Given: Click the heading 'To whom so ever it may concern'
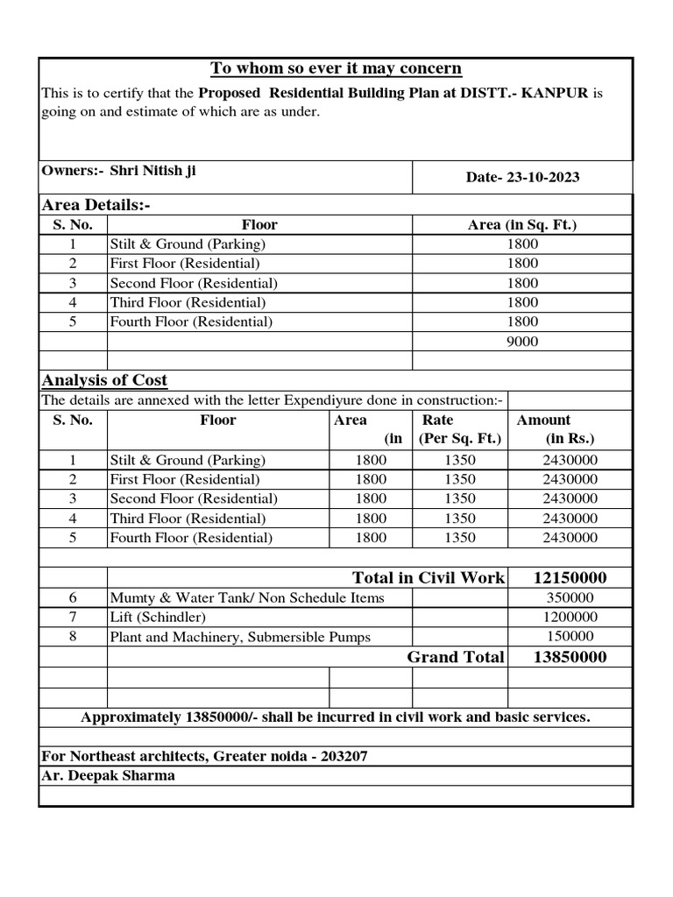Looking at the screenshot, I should tap(336, 69).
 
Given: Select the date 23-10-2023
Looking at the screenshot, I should tap(541, 177).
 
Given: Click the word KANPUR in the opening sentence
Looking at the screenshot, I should tap(556, 93).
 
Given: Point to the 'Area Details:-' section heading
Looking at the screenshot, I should tap(96, 205).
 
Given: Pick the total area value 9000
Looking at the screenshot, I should tap(522, 342).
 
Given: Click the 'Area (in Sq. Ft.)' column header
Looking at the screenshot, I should tap(522, 225).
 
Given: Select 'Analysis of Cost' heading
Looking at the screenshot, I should tap(104, 380).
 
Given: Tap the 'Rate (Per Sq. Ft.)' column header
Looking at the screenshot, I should tap(460, 429).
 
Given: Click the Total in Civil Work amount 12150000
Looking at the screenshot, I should tap(570, 578).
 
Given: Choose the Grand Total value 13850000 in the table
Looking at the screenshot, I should tap(570, 657).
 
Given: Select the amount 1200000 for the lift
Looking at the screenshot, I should tap(570, 618).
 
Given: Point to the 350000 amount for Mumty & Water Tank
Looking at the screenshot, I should tap(570, 598).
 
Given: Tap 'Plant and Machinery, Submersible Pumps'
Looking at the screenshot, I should tap(240, 638).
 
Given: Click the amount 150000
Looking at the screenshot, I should tap(570, 638).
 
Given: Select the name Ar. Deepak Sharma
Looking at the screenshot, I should tap(109, 776).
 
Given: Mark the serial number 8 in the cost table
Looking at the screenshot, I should tap(73, 637).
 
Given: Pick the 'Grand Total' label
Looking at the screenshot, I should tap(456, 657).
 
